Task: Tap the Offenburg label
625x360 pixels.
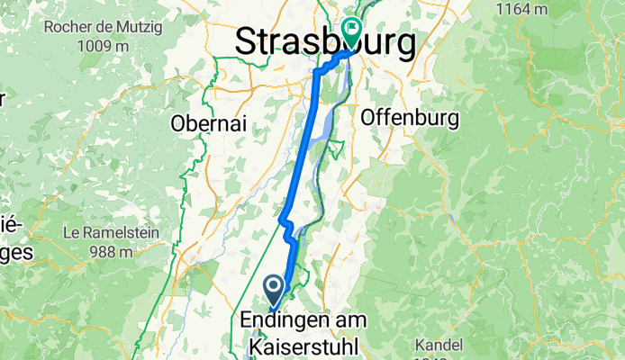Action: pyautogui.click(x=410, y=118)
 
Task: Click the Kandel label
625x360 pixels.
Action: pyautogui.click(x=439, y=345)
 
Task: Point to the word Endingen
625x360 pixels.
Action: pyautogui.click(x=285, y=320)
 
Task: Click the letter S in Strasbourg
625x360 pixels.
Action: pyautogui.click(x=247, y=42)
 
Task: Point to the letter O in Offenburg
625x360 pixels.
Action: pyautogui.click(x=367, y=118)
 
